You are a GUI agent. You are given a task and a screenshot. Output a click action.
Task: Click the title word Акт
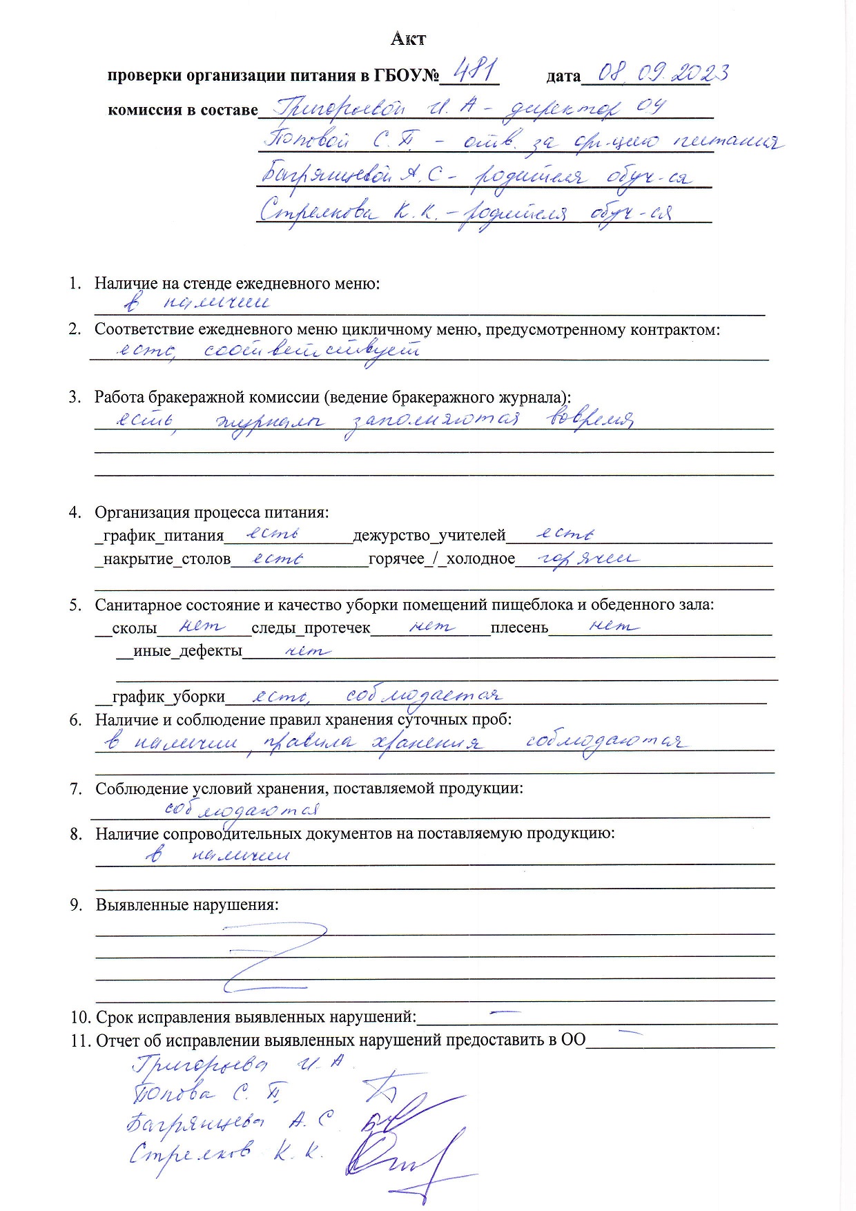click(x=408, y=39)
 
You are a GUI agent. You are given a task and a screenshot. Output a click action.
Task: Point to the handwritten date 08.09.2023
click(x=661, y=72)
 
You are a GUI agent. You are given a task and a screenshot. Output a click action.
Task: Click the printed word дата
click(x=563, y=76)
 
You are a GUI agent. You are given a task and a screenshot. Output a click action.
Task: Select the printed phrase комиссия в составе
click(x=182, y=110)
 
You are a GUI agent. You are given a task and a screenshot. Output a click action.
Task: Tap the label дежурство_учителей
click(x=429, y=536)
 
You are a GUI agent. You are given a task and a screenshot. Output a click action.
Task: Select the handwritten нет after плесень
click(x=612, y=626)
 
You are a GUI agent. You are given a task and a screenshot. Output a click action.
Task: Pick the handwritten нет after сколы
click(x=202, y=626)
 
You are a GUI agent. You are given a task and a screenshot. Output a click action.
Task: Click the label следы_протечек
click(x=311, y=628)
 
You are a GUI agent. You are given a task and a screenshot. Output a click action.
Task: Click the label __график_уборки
click(x=163, y=697)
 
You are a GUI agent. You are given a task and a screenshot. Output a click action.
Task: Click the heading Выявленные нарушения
click(x=187, y=904)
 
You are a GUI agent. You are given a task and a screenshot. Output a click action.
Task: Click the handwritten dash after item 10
click(x=504, y=1014)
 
